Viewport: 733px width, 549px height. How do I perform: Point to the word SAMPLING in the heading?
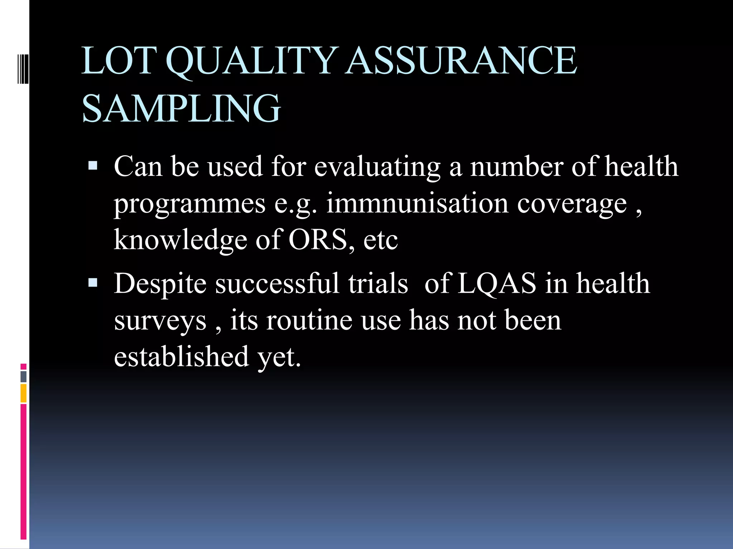[x=181, y=108]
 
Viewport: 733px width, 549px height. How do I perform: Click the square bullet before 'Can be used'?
[x=93, y=165]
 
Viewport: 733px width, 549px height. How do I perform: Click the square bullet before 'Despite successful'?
[x=93, y=283]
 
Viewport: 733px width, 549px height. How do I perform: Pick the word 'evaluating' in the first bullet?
[x=377, y=167]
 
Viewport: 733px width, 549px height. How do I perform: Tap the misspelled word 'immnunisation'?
[x=417, y=203]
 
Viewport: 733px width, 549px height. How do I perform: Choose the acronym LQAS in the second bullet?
[x=497, y=284]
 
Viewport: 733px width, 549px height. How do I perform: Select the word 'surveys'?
[x=160, y=321]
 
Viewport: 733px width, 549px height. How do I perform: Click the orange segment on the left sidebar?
[x=24, y=393]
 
